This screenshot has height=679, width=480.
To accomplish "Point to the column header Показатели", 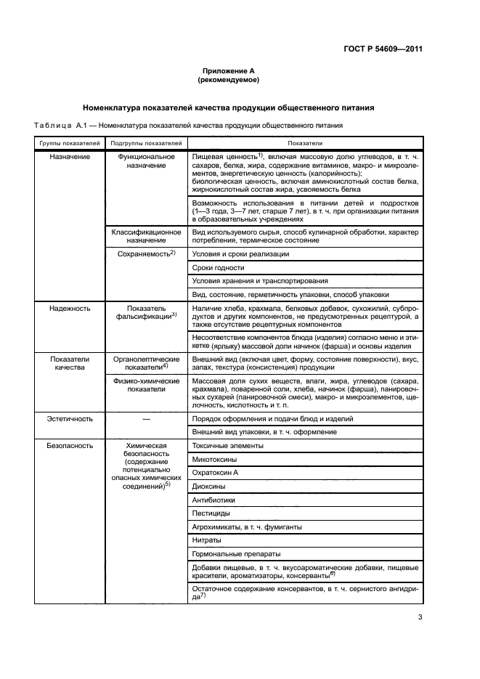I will [x=304, y=144].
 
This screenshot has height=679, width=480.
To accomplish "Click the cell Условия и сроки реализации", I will [x=240, y=254].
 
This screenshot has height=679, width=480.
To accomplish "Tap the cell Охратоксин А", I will [x=216, y=472].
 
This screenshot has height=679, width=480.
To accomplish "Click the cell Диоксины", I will [x=208, y=486].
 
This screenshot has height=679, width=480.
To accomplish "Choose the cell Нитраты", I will [x=207, y=540].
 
